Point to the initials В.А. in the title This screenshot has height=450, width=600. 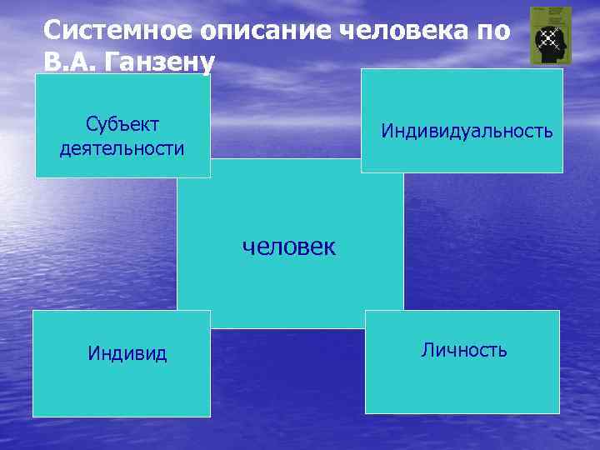73,61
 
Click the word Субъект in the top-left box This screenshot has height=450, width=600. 122,125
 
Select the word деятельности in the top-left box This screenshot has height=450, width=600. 122,149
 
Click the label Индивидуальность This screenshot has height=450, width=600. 467,131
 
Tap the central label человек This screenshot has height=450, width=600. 288,247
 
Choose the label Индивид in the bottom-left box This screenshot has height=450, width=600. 127,353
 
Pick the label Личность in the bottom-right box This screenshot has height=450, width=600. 464,350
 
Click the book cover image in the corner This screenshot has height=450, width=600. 551,36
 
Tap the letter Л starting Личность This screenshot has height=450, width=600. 427,350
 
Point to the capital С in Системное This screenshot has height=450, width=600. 52,32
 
